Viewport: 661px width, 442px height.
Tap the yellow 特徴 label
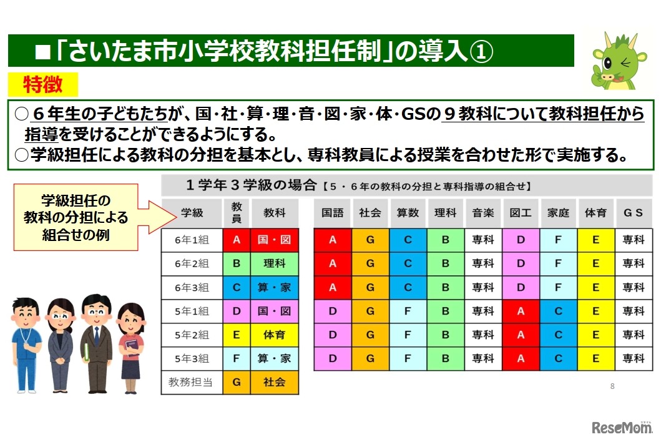coord(42,84)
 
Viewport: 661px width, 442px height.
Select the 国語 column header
coord(332,213)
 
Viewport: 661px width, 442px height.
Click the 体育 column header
coord(595,213)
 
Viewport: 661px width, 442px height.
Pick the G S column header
coord(633,213)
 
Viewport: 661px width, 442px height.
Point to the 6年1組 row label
coord(192,240)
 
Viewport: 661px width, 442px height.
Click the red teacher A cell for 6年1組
coord(237,240)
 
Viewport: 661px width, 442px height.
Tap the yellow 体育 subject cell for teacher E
coord(274,335)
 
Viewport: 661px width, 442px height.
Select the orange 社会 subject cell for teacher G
coord(274,382)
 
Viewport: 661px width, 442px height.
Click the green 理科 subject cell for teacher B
coord(274,263)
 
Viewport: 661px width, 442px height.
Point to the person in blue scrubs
coord(26,343)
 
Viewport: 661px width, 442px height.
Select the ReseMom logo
coord(620,428)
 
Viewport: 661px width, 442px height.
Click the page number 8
coord(612,386)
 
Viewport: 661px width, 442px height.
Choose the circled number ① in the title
coord(480,52)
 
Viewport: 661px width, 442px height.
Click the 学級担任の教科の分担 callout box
coord(76,218)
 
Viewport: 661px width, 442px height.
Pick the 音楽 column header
coord(483,213)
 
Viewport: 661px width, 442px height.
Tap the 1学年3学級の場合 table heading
coord(250,185)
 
